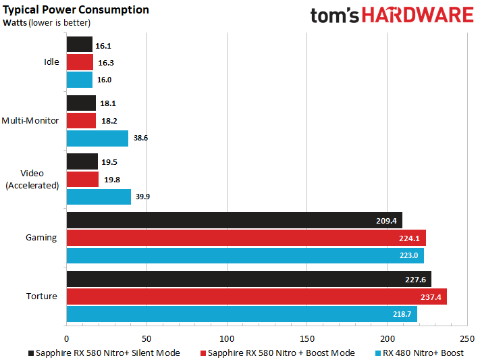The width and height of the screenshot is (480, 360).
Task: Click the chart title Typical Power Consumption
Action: point(76,9)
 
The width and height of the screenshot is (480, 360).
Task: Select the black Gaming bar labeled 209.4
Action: point(234,220)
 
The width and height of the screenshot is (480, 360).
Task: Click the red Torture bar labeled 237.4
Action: point(257,297)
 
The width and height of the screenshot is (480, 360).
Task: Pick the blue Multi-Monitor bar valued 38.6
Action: point(97,138)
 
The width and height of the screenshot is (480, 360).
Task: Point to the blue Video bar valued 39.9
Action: point(99,197)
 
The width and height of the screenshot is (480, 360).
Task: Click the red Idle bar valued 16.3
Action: point(79,61)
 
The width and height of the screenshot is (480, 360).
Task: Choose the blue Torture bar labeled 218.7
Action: point(242,314)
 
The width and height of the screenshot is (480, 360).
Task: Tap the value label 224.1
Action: point(411,238)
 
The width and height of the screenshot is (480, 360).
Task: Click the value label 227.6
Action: point(417,279)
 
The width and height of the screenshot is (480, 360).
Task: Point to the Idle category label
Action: point(51,61)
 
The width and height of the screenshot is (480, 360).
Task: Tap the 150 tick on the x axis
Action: point(307,338)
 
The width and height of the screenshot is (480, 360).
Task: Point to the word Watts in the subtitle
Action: point(15,22)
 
